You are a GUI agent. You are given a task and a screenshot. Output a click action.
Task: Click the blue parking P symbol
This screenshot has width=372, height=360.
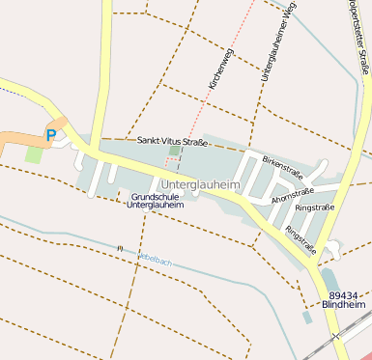[51, 136]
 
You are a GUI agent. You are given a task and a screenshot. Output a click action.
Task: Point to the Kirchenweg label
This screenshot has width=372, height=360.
[221, 69]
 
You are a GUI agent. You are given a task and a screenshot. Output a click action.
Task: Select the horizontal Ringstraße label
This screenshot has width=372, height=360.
[315, 208]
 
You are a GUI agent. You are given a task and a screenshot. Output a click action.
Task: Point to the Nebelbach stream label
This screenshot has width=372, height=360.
[155, 260]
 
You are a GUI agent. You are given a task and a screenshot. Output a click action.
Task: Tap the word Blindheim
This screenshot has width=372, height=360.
[346, 305]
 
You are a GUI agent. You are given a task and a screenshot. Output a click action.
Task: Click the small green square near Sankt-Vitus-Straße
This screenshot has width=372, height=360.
[174, 151]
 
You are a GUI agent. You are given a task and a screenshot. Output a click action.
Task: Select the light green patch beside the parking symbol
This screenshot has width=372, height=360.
[34, 153]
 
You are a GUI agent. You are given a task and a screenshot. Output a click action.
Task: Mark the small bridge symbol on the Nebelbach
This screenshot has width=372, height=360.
[120, 249]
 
